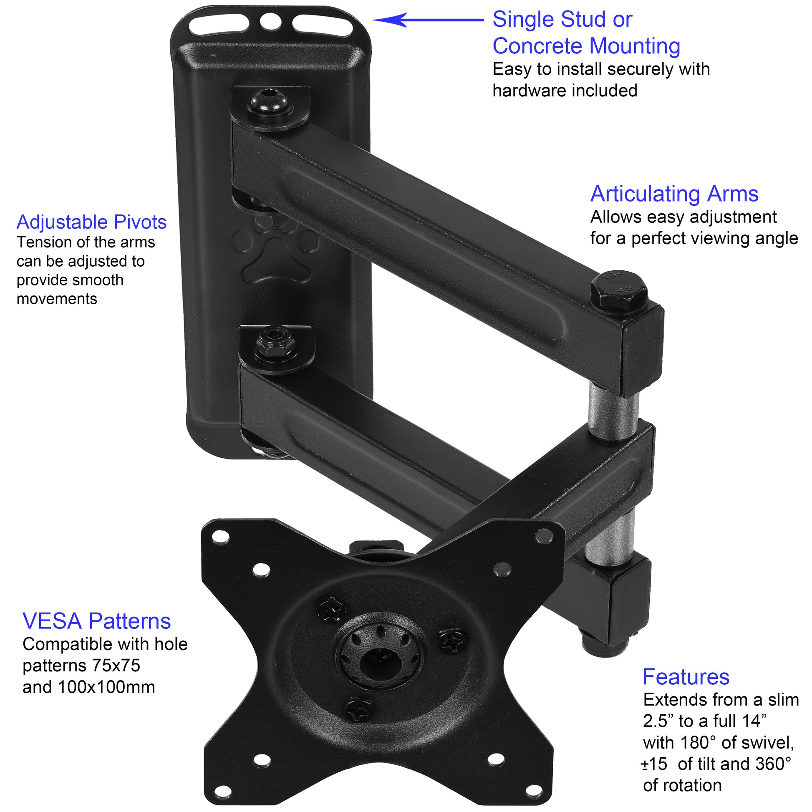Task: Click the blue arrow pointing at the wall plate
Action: tap(428, 20)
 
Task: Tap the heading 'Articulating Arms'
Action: tap(674, 194)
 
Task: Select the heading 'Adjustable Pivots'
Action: tap(92, 222)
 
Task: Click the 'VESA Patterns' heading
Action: tap(97, 621)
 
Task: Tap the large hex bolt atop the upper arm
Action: tap(619, 292)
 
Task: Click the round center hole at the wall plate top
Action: tap(271, 21)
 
